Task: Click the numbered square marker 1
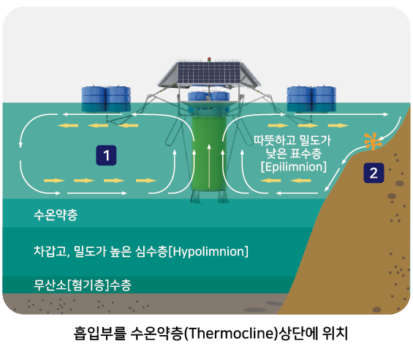pyautogui.click(x=106, y=155)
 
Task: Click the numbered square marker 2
pyautogui.click(x=374, y=173)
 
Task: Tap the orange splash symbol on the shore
pyautogui.click(x=373, y=141)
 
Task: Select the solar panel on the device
pyautogui.click(x=209, y=73)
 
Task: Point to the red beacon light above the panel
pyautogui.click(x=209, y=59)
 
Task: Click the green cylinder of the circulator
pyautogui.click(x=209, y=154)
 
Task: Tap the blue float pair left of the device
pyautogui.click(x=106, y=99)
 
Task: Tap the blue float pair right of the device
pyautogui.click(x=311, y=99)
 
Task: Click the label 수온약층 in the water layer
pyautogui.click(x=56, y=215)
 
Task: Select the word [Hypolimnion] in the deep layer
pyautogui.click(x=208, y=252)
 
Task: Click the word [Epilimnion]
pyautogui.click(x=294, y=168)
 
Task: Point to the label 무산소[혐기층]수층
pyautogui.click(x=82, y=285)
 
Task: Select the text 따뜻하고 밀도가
pyautogui.click(x=292, y=140)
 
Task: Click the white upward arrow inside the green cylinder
pyautogui.click(x=209, y=165)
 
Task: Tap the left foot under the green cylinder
pyautogui.click(x=196, y=197)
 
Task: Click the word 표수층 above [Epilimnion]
pyautogui.click(x=306, y=154)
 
